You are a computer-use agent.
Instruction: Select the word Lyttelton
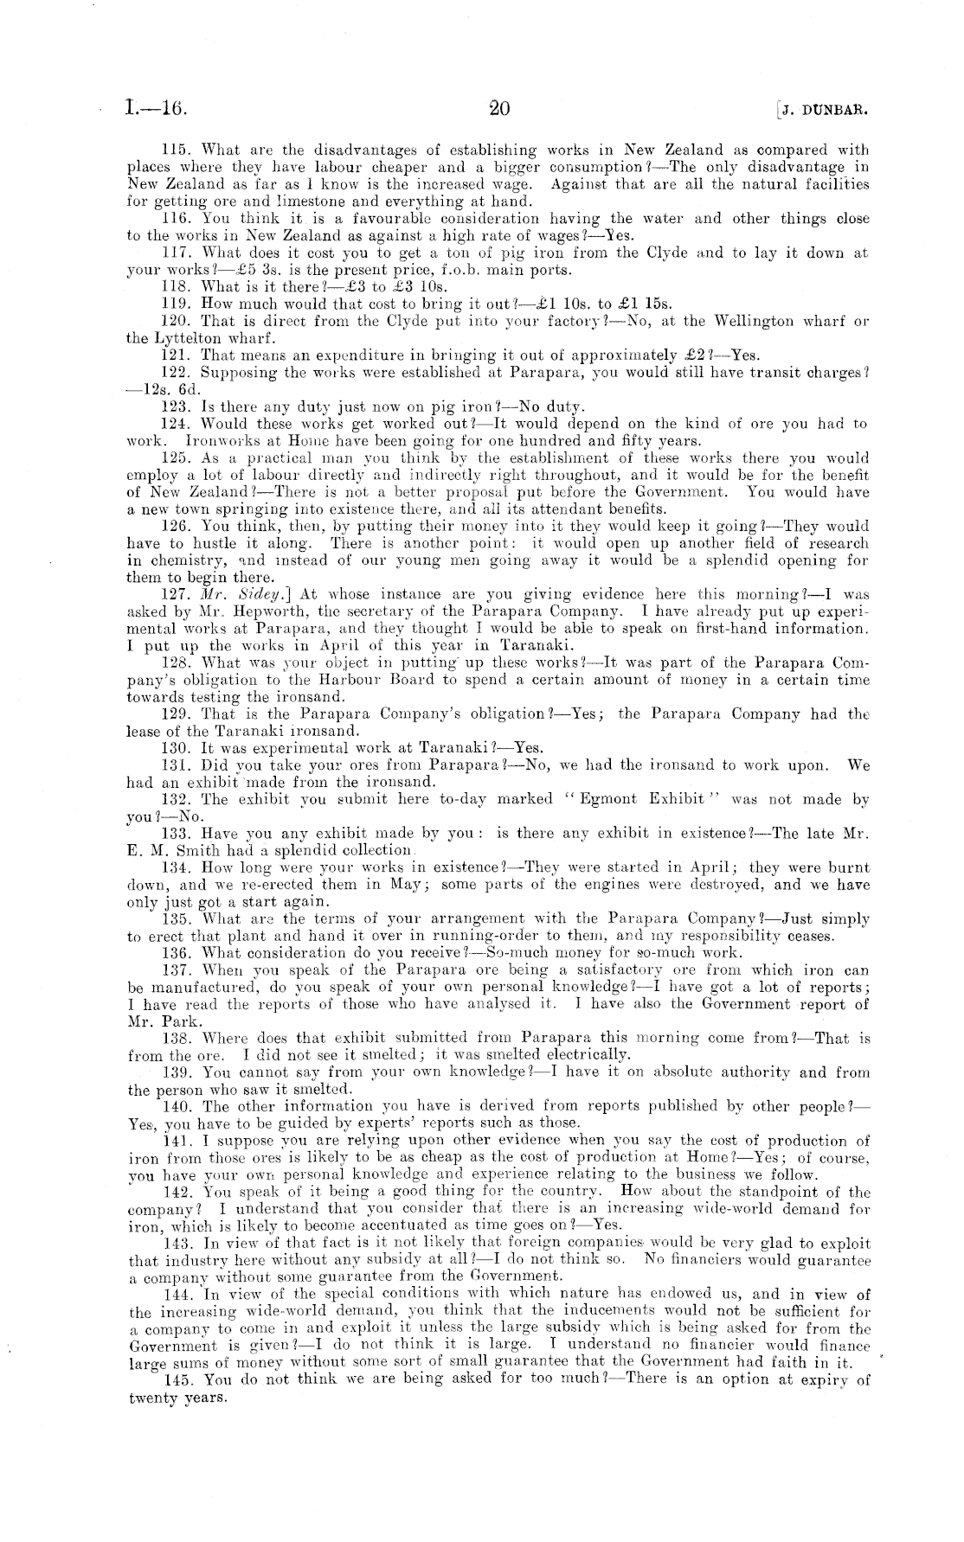(181, 338)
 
